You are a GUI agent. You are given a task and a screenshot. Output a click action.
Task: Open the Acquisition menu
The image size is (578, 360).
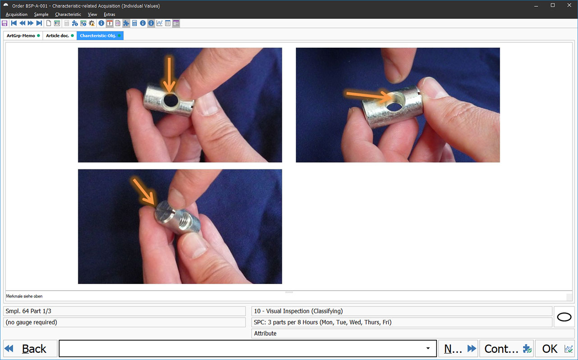pyautogui.click(x=17, y=14)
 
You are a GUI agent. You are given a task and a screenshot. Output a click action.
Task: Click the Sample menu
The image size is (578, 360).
pyautogui.click(x=41, y=14)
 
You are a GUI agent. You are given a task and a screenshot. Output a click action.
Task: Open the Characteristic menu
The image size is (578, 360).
pyautogui.click(x=68, y=14)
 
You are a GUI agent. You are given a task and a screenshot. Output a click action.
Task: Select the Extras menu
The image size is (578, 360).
pyautogui.click(x=110, y=14)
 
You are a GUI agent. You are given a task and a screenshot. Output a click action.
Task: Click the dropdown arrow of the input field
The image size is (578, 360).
pyautogui.click(x=428, y=348)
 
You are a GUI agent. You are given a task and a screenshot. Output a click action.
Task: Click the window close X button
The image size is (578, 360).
pyautogui.click(x=569, y=5)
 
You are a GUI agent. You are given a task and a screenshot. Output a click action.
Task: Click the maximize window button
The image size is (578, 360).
pyautogui.click(x=552, y=5)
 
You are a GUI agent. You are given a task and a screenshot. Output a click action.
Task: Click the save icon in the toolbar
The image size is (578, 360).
pyautogui.click(x=5, y=23)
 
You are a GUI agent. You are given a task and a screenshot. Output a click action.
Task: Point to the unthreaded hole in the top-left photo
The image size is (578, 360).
pyautogui.click(x=170, y=100)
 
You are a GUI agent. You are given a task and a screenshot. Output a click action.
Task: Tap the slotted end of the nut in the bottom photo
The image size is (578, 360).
pyautogui.click(x=165, y=212)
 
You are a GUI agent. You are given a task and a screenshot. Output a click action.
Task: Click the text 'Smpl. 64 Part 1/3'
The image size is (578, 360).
pyautogui.click(x=28, y=311)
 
